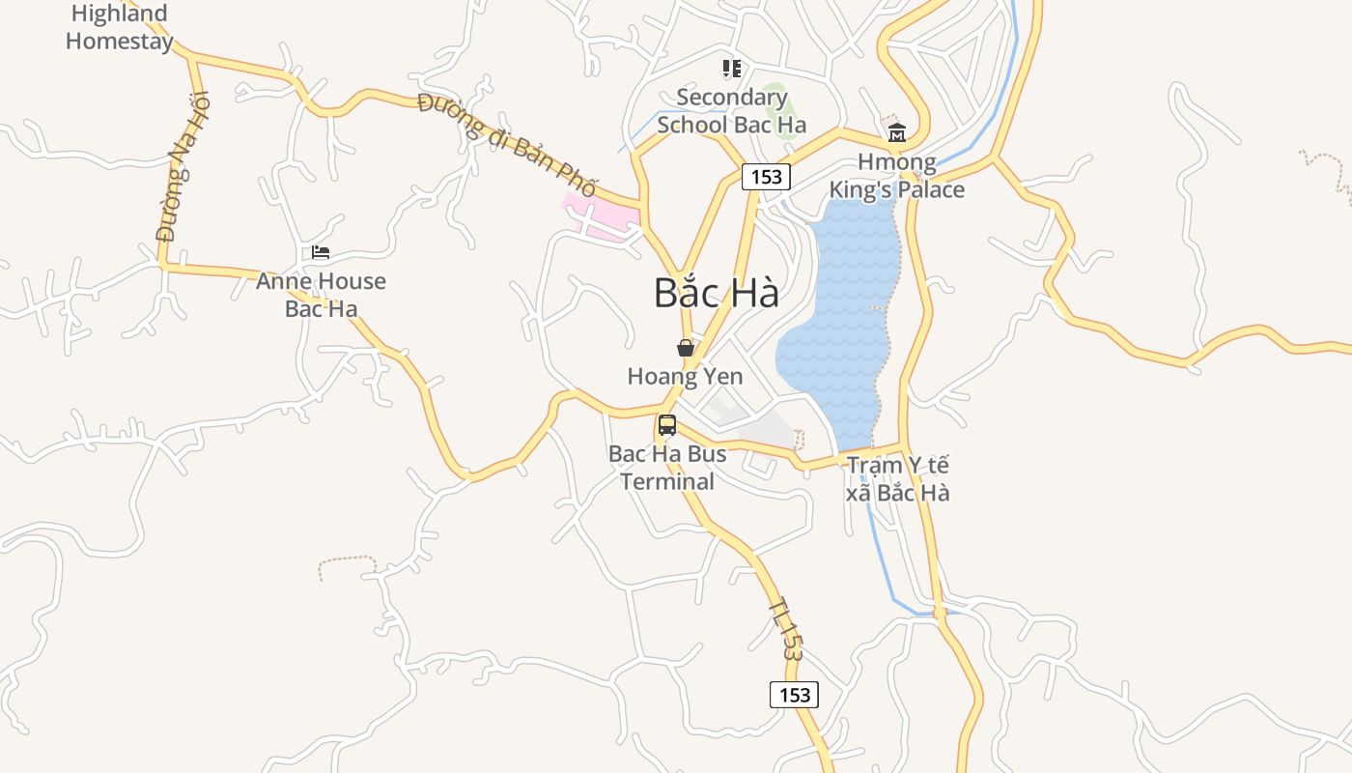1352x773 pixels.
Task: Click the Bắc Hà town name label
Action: click(x=716, y=293)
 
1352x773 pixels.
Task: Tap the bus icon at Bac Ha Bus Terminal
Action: click(x=667, y=425)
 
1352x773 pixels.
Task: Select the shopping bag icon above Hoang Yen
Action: click(x=686, y=348)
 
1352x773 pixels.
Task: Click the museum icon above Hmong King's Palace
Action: click(x=896, y=132)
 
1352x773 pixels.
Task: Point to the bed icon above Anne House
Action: click(x=321, y=252)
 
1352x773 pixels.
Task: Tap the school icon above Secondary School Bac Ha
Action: click(x=732, y=69)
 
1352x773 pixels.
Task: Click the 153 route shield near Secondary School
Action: click(x=766, y=177)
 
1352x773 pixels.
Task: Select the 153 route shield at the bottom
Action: click(x=794, y=694)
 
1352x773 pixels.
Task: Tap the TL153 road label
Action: click(x=786, y=629)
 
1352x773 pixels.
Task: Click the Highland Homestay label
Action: click(x=121, y=27)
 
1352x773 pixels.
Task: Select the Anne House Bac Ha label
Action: click(x=321, y=295)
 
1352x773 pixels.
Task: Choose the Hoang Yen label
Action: click(x=685, y=376)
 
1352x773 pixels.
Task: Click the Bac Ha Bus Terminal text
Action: click(x=667, y=467)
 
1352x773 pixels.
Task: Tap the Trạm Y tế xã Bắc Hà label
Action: click(x=897, y=479)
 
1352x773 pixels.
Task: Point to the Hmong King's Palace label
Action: click(x=897, y=176)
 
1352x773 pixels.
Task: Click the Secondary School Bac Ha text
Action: click(x=731, y=111)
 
